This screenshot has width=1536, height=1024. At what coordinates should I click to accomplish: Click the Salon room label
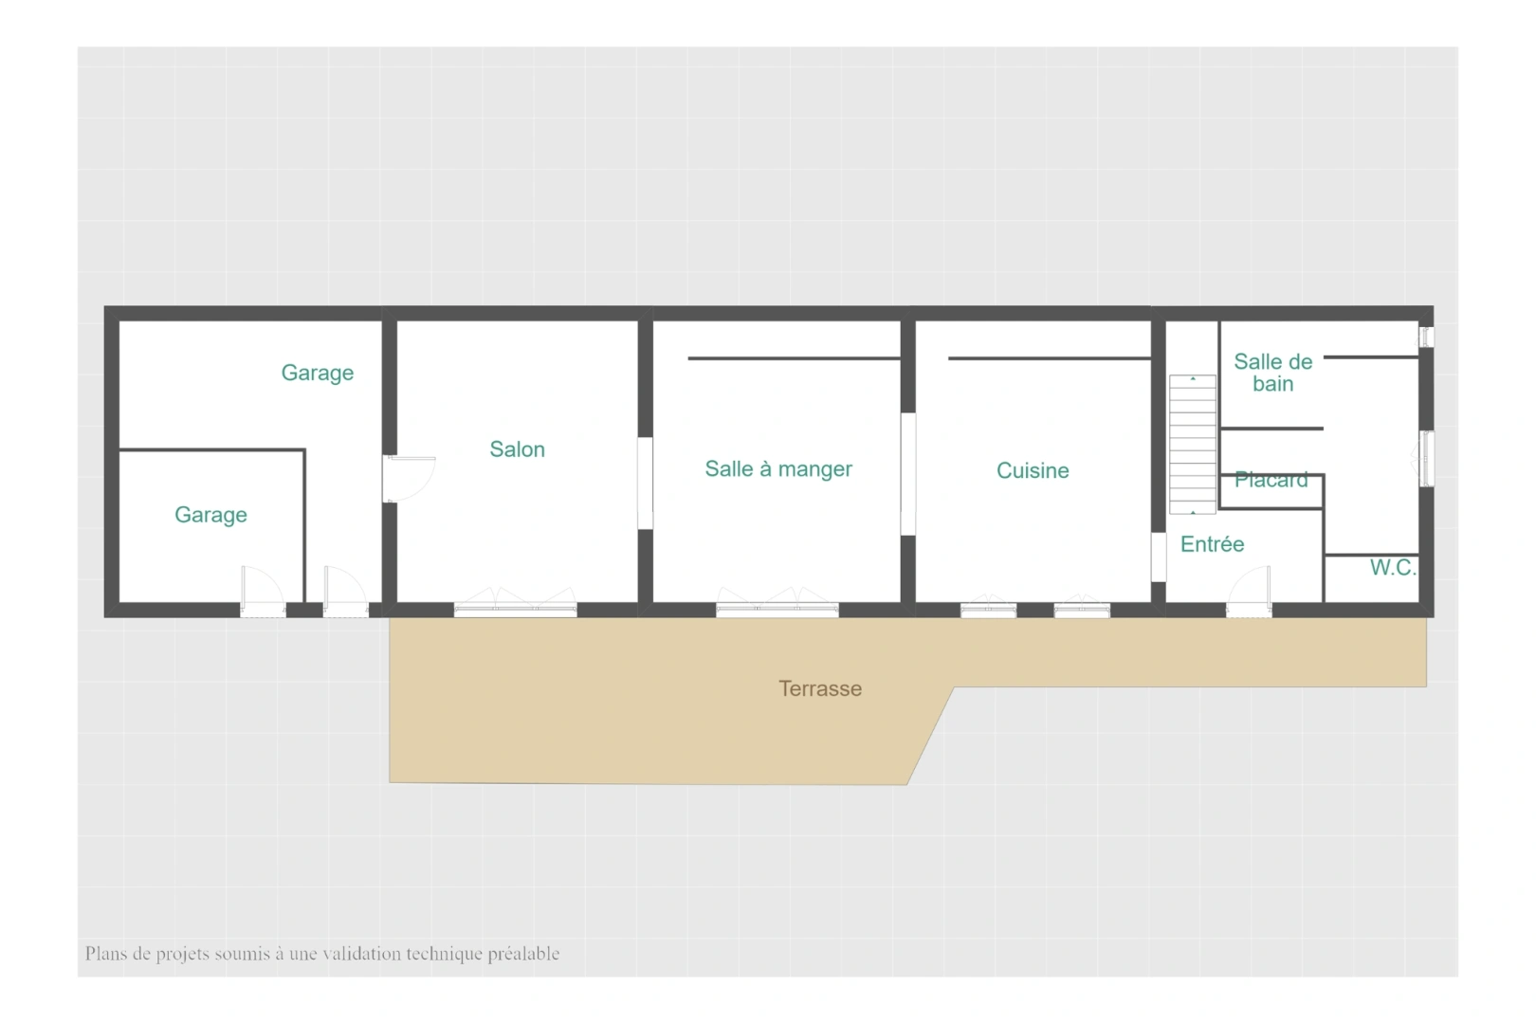pyautogui.click(x=517, y=449)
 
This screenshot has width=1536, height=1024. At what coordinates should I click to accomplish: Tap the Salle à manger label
pyautogui.click(x=778, y=468)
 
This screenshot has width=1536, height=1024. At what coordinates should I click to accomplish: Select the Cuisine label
pyautogui.click(x=1032, y=470)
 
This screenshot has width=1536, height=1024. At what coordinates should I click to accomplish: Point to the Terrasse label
pyautogui.click(x=820, y=688)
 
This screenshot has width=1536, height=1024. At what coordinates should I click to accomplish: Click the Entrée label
pyautogui.click(x=1212, y=544)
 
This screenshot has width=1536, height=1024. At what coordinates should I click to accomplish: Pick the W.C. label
pyautogui.click(x=1393, y=567)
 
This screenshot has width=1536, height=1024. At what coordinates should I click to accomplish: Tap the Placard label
pyautogui.click(x=1271, y=480)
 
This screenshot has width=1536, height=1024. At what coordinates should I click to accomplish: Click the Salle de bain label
pyautogui.click(x=1272, y=373)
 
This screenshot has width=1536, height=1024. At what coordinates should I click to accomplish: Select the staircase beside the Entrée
pyautogui.click(x=1193, y=444)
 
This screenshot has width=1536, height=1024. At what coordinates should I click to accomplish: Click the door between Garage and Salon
pyautogui.click(x=409, y=479)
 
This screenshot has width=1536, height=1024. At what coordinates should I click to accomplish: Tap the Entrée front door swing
pyautogui.click(x=1249, y=591)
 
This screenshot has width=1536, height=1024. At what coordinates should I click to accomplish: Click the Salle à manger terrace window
pyautogui.click(x=777, y=603)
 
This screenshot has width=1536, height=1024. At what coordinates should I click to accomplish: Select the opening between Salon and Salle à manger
pyautogui.click(x=645, y=484)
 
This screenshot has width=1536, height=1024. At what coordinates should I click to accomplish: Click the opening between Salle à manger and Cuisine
pyautogui.click(x=908, y=474)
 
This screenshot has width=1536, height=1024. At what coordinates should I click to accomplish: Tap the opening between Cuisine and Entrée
pyautogui.click(x=1159, y=558)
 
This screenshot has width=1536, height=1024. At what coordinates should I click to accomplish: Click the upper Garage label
pyautogui.click(x=318, y=373)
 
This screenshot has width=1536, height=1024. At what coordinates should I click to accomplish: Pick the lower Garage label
pyautogui.click(x=210, y=515)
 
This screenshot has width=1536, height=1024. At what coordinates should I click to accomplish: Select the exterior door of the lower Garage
pyautogui.click(x=263, y=592)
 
